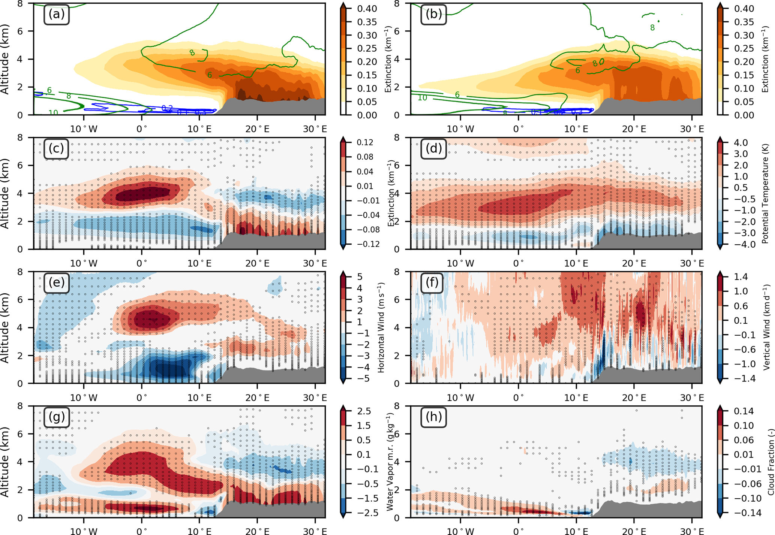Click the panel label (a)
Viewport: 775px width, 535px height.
click(x=56, y=14)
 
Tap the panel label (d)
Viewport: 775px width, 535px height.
click(x=433, y=149)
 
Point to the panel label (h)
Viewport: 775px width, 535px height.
click(x=433, y=417)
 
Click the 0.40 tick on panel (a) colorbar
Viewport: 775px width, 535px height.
click(x=367, y=8)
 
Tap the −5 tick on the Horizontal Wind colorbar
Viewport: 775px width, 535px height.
click(x=364, y=379)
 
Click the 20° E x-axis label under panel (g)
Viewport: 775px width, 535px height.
click(x=257, y=532)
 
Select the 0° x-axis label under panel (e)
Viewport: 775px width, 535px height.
click(x=142, y=398)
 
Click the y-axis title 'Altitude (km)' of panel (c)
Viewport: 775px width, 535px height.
click(x=5, y=193)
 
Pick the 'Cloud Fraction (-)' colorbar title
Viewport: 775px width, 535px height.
click(x=770, y=462)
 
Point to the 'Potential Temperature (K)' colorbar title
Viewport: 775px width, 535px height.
click(x=765, y=193)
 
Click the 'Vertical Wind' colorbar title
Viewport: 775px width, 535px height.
click(x=766, y=327)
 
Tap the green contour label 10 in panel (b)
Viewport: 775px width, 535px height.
click(x=422, y=98)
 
